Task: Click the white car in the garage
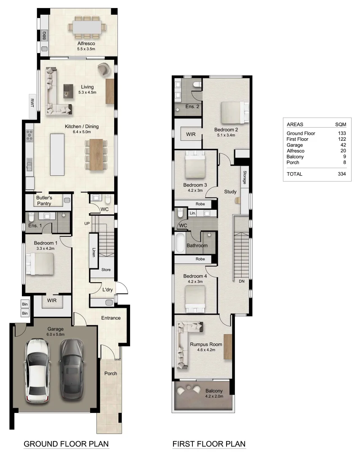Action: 39,370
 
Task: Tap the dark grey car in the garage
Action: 71,369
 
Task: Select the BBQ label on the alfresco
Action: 44,36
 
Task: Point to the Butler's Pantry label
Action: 44,201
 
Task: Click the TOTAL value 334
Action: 344,174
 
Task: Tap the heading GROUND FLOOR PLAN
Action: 66,444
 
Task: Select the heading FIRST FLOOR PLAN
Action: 209,444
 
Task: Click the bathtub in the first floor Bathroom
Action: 180,244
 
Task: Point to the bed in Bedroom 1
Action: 40,264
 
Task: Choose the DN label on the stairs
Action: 241,281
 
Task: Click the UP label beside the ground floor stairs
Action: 87,223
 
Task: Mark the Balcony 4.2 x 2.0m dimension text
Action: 214,396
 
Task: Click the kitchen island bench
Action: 57,154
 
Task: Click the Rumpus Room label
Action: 206,344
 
